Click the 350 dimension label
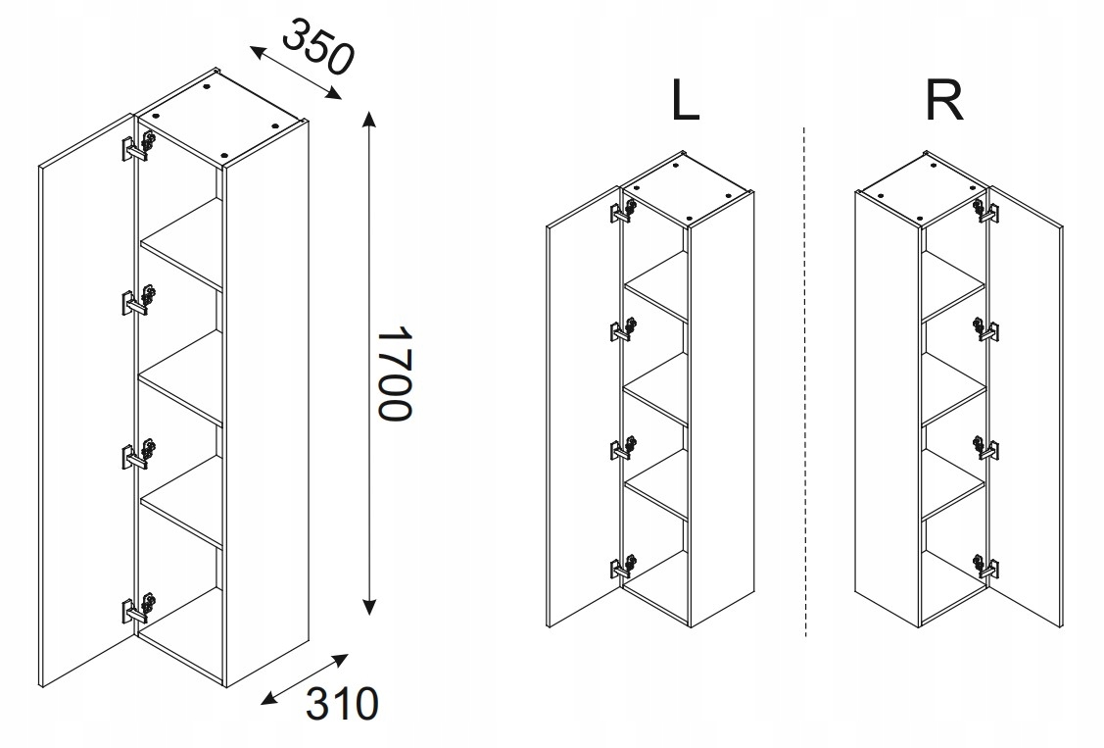coord(316,47)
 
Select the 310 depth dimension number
coord(342,703)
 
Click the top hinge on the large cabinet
coord(139,146)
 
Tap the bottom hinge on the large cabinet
coord(139,607)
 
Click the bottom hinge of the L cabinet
coord(622,567)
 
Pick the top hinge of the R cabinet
coord(985,209)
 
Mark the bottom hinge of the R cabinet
coord(985,566)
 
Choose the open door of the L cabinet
coord(583,407)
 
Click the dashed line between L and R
coord(805,381)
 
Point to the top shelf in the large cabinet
coord(181,244)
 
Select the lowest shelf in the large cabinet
coord(181,501)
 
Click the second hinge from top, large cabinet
coord(139,301)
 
